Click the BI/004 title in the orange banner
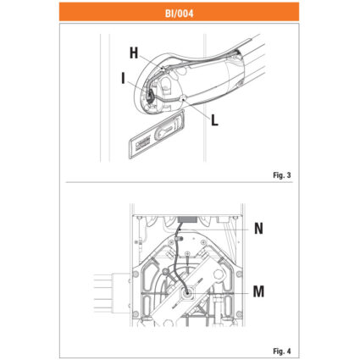(x=180, y=14)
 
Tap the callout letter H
(x=134, y=53)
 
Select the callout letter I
(x=123, y=78)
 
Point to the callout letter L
(x=214, y=120)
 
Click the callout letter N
(x=258, y=229)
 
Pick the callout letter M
(x=258, y=291)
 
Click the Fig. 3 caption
(x=281, y=175)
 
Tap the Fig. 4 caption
(x=281, y=351)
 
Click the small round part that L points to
(x=183, y=98)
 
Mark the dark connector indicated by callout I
(x=150, y=97)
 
